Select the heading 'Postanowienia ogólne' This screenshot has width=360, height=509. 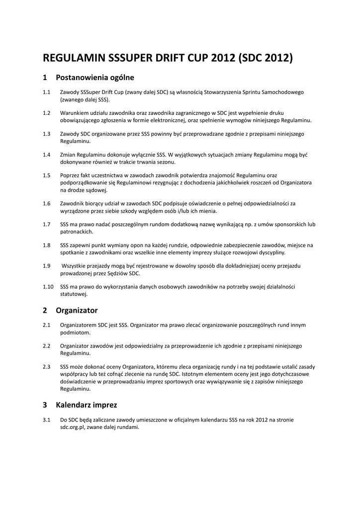coord(95,78)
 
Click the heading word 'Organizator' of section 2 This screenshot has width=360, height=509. coord(77,311)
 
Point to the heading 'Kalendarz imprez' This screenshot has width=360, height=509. coord(87,405)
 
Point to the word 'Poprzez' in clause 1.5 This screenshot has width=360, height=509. coord(71,175)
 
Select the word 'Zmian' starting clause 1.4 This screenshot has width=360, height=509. coord(68,155)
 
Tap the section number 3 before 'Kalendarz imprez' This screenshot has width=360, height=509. coord(45,405)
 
